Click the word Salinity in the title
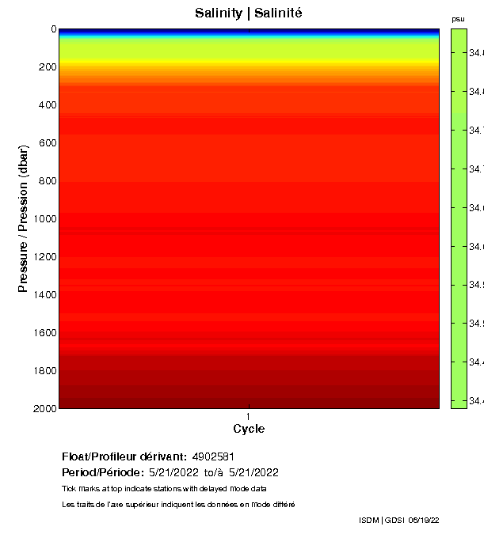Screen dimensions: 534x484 [x=218, y=13]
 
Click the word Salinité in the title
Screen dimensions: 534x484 [x=280, y=13]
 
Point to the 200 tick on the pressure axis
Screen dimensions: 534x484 [x=47, y=67]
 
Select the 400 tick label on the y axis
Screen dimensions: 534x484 [x=47, y=105]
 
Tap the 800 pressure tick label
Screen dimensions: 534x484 [x=47, y=181]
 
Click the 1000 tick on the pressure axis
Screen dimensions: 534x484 [x=44, y=219]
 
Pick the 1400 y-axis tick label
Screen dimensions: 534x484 [x=44, y=295]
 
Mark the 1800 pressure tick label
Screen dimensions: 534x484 [x=44, y=371]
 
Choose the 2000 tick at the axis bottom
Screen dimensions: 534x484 [x=44, y=408]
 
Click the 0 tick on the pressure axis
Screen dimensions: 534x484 [x=53, y=29]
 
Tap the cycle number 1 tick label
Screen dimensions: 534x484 [x=249, y=416]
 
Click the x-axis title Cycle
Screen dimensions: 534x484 [x=249, y=429]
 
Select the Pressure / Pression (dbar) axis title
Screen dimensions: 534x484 [x=24, y=219]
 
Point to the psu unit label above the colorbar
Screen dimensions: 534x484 [x=458, y=19]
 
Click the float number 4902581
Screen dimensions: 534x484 [x=212, y=456]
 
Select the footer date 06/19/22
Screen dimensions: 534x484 [x=423, y=520]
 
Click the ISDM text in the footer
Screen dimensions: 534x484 [x=369, y=520]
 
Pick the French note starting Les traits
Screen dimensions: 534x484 [x=178, y=504]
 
